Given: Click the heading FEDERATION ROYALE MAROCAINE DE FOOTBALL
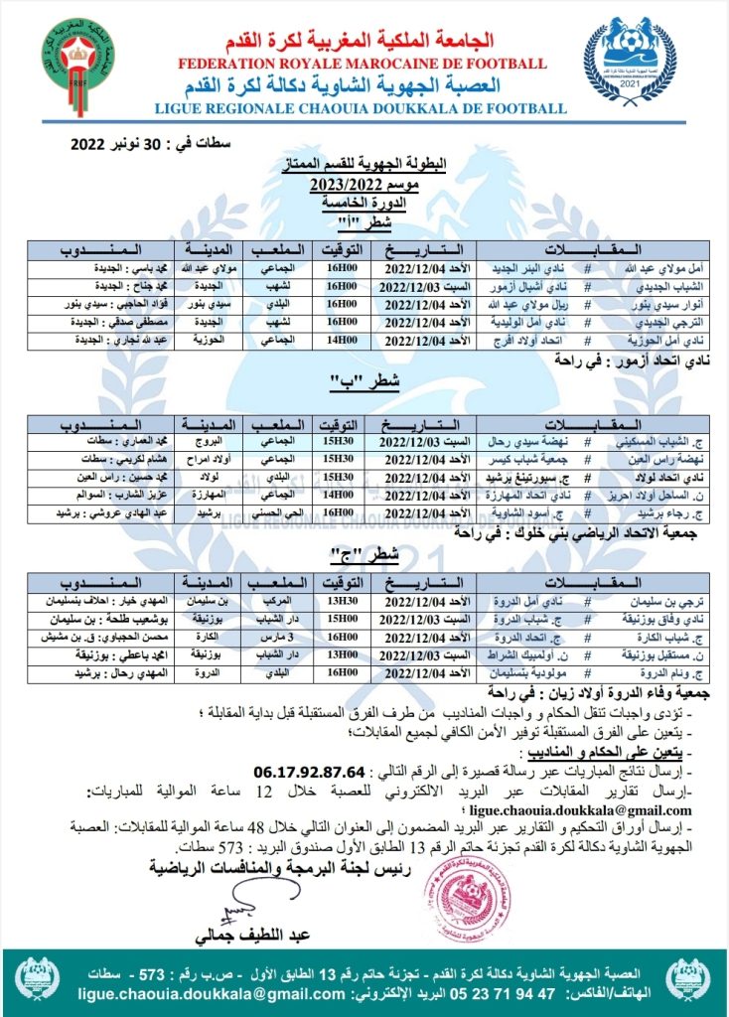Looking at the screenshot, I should tap(363, 64).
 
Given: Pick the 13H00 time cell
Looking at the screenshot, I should tap(341, 654).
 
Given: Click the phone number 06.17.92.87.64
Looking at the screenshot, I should tap(309, 771).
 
